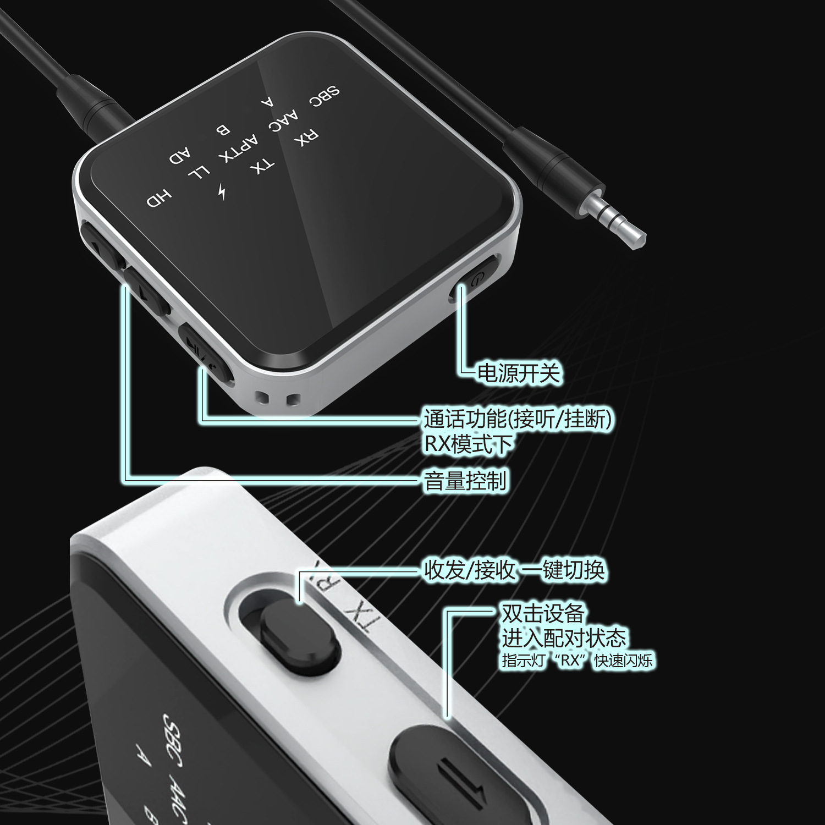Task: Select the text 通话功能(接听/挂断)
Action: click(517, 419)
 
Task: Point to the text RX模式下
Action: click(468, 444)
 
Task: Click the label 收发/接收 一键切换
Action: click(514, 570)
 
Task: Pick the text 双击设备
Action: click(542, 613)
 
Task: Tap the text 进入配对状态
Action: click(564, 637)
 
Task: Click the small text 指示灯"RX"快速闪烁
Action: click(577, 660)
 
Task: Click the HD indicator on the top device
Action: click(159, 199)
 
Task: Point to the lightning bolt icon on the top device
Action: click(222, 191)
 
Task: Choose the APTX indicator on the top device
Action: click(238, 148)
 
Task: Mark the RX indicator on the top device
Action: click(306, 137)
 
